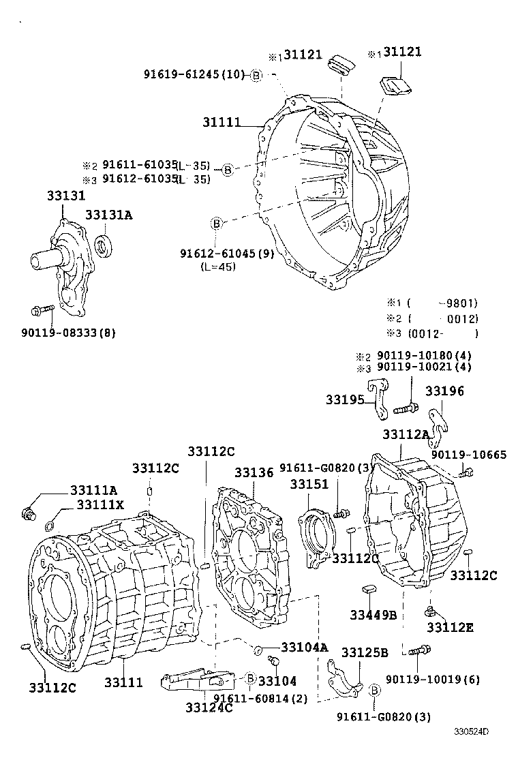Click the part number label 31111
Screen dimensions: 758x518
[x=222, y=123]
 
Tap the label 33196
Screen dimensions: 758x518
[x=444, y=391]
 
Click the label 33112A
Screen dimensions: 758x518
[x=406, y=434]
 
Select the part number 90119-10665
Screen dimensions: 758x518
[x=468, y=455]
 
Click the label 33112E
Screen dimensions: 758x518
[x=450, y=627]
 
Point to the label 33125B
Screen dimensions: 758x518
[x=365, y=652]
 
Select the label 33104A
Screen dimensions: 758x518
[x=305, y=647]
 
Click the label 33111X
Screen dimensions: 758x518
[x=100, y=504]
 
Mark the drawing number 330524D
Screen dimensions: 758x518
[x=472, y=732]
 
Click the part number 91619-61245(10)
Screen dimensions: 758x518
[x=194, y=74]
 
